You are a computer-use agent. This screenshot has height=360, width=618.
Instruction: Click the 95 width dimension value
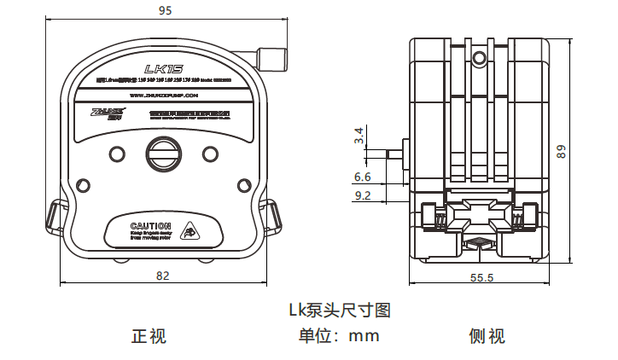click(165, 11)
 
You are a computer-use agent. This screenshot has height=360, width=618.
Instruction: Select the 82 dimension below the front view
click(163, 276)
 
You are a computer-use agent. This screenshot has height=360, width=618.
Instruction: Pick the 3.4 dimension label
click(360, 135)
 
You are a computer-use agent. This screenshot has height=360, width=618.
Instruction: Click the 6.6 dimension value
click(362, 177)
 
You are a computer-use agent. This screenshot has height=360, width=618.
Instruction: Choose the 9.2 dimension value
click(362, 195)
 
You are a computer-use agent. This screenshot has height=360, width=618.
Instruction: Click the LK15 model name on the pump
click(161, 68)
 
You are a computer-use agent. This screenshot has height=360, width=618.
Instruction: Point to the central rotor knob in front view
click(163, 154)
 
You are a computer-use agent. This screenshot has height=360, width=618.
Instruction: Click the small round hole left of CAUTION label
click(83, 185)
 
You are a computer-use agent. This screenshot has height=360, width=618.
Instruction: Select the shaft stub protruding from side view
click(395, 154)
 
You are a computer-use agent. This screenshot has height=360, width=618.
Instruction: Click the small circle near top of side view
click(480, 58)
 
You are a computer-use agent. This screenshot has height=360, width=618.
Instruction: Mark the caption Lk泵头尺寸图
click(340, 310)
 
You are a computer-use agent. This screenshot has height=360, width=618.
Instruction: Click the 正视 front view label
click(149, 336)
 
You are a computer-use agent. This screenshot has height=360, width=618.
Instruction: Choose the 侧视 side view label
click(487, 336)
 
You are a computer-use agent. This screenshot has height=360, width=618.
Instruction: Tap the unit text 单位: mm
click(338, 336)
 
